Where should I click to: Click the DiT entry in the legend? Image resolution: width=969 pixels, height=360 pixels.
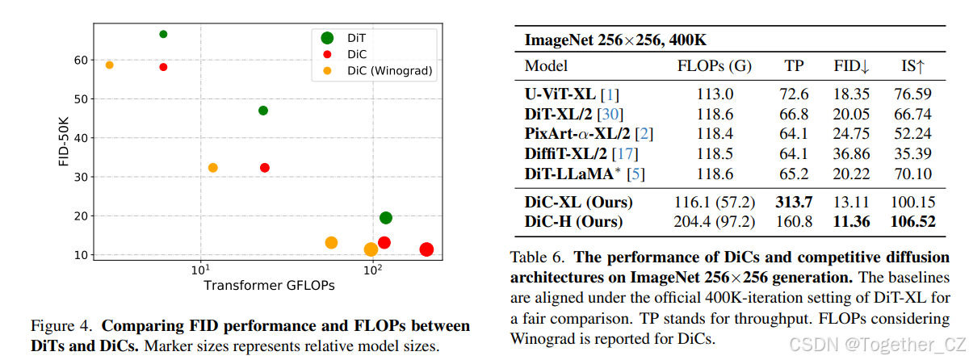coord(355,37)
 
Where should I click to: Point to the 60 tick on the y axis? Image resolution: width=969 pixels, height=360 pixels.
coord(81,60)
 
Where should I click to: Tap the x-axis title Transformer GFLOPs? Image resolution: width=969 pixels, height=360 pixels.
coord(269,285)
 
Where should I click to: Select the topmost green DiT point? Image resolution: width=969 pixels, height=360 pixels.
coord(163,34)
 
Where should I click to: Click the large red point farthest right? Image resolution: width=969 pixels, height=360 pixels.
coord(426,250)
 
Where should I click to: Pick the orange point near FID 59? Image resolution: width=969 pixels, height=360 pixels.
coord(110,65)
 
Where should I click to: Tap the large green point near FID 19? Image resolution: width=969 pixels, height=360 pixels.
coord(386,218)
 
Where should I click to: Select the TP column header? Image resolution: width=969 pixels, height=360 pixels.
coord(794,66)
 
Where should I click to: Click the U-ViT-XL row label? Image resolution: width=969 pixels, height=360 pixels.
coord(561,94)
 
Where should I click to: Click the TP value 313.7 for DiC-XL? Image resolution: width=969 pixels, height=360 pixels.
coord(794,202)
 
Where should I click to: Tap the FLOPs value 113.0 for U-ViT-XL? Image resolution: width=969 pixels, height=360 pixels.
coord(715,94)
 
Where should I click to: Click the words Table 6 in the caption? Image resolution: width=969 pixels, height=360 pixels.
coord(539,258)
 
